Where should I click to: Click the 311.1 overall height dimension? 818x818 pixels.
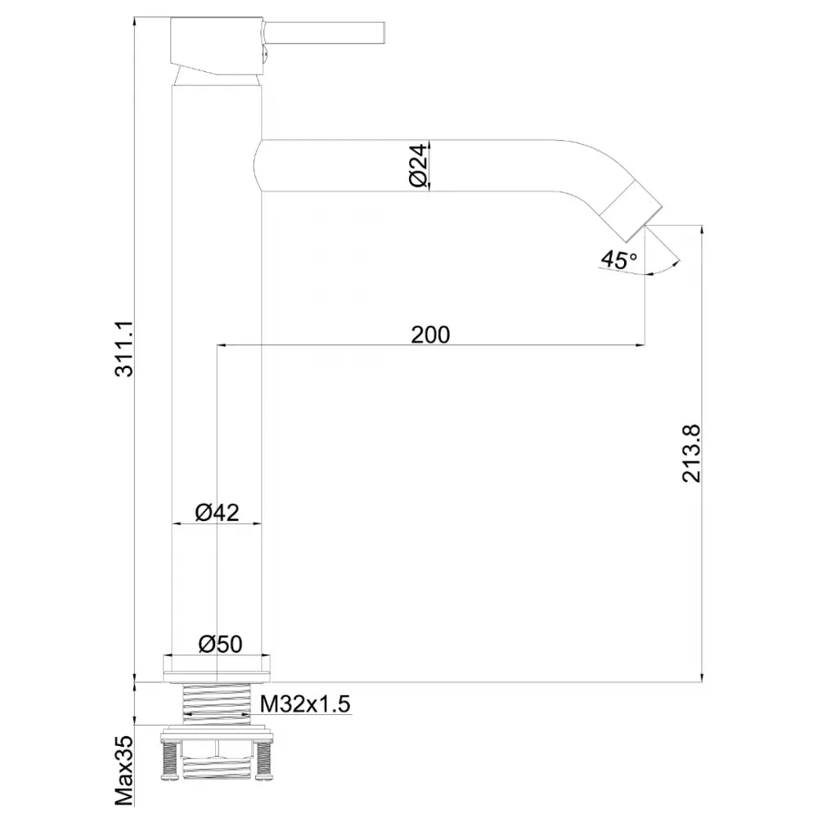[124, 348]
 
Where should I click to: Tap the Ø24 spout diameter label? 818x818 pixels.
[418, 165]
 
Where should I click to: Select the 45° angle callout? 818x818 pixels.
[618, 258]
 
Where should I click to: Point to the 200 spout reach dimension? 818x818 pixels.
[430, 335]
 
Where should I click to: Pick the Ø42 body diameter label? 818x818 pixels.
[217, 512]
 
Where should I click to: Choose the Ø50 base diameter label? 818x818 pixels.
[220, 644]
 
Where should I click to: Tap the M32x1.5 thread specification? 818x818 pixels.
[305, 704]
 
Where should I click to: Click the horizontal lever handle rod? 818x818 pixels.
[323, 33]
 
